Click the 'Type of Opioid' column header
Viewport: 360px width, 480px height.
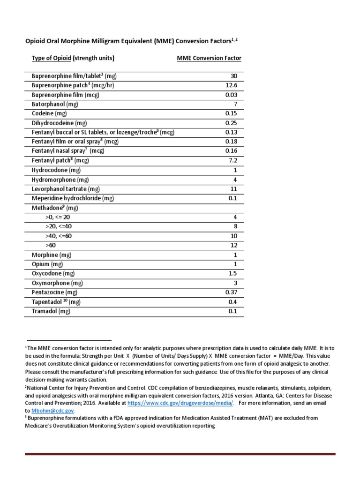point(52,59)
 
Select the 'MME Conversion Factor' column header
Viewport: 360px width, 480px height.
point(209,59)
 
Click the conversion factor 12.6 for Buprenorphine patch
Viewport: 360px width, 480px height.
point(231,85)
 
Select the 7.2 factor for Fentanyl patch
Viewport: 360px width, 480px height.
point(233,160)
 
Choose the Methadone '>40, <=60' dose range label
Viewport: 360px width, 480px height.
point(59,236)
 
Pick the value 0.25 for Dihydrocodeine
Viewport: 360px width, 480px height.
point(231,123)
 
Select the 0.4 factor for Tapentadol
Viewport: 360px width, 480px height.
point(233,302)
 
